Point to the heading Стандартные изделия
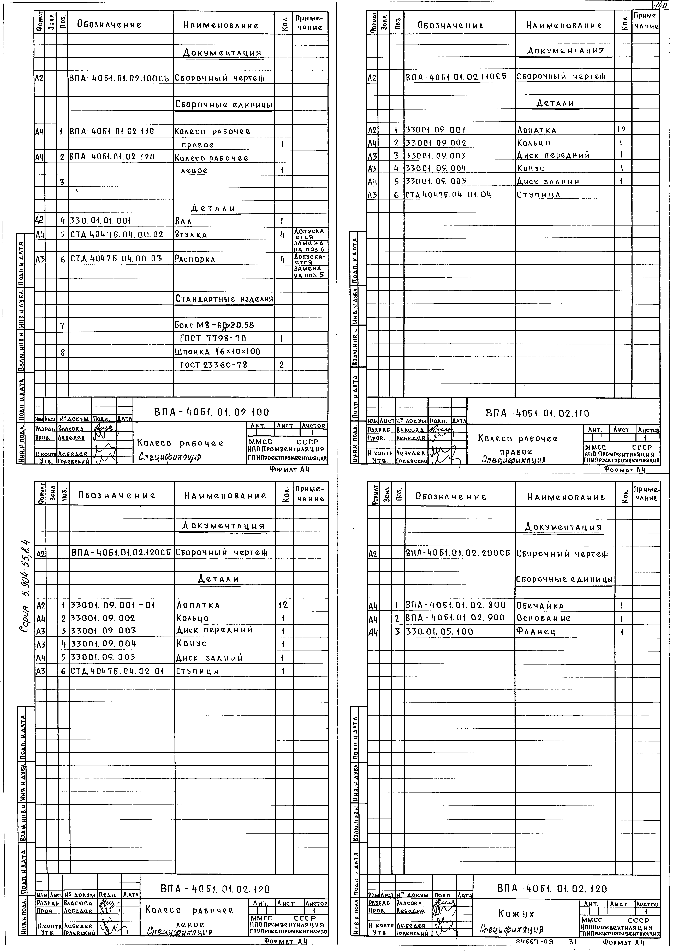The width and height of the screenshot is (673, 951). click(224, 299)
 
